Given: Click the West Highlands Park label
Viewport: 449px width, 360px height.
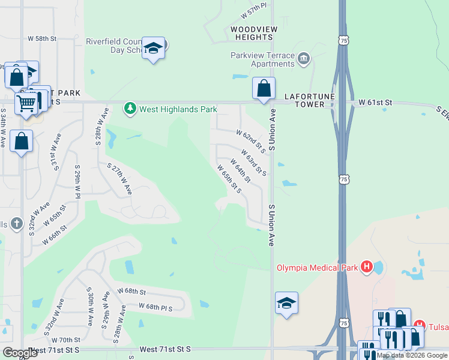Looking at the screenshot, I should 178,109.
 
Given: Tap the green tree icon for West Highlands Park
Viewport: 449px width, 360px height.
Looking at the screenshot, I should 130,109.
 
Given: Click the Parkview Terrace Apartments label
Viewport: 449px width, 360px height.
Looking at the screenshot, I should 263,59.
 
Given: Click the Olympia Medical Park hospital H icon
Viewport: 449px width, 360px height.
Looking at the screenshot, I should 366,267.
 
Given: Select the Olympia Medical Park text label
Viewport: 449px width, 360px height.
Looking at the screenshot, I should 316,267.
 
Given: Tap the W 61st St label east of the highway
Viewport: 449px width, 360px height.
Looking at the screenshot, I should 375,103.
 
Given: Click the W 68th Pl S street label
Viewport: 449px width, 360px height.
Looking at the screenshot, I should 155,307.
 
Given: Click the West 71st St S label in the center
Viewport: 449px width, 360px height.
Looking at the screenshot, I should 164,349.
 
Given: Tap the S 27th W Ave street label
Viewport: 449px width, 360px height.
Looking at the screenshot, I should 119,179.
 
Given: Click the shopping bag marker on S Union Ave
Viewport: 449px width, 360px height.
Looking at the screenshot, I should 264,88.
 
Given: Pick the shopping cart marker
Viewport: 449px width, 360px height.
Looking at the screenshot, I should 26,103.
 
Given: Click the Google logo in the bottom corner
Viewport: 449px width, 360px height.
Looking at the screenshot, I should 20,352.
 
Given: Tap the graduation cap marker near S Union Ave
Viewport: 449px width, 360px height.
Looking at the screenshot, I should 287,303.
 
